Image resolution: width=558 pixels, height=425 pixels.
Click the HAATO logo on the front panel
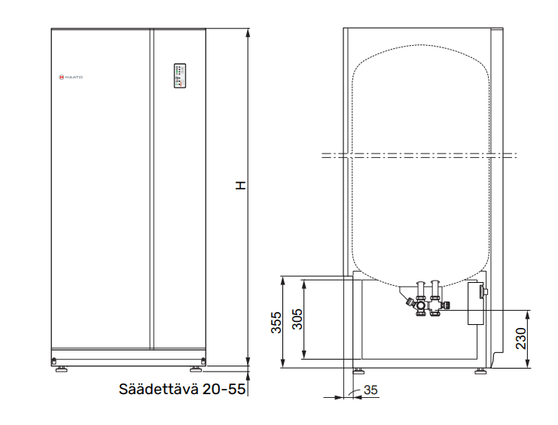click(x=72, y=77)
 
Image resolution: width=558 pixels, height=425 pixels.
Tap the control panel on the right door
click(x=179, y=75)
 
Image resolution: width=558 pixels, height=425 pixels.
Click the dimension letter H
click(x=239, y=184)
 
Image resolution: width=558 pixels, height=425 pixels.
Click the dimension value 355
click(x=276, y=322)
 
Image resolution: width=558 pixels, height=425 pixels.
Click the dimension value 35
click(x=370, y=390)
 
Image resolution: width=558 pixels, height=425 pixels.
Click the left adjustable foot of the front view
click(x=59, y=369)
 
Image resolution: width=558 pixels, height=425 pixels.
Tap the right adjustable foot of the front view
click(x=196, y=369)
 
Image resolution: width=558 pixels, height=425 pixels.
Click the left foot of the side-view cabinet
click(x=358, y=371)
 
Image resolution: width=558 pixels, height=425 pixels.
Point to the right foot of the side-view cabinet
click(x=480, y=371)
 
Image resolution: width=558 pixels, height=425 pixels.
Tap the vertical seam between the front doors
click(x=151, y=188)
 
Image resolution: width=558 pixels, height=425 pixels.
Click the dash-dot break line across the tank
click(x=419, y=156)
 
